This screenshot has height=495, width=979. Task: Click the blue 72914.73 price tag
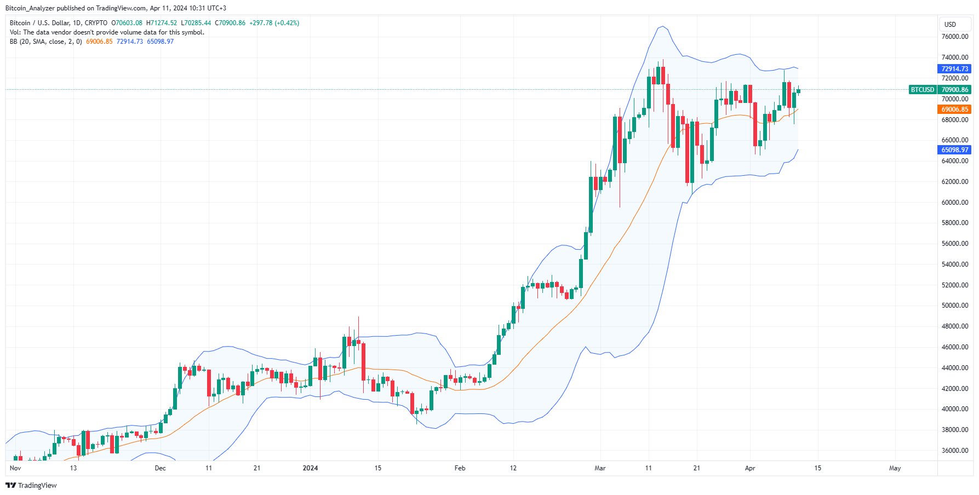pyautogui.click(x=954, y=69)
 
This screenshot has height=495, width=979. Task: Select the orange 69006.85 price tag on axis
pyautogui.click(x=954, y=110)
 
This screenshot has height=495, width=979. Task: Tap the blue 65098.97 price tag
pyautogui.click(x=954, y=150)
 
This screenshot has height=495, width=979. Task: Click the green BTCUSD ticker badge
pyautogui.click(x=922, y=90)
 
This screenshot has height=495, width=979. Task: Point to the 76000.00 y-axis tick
pyautogui.click(x=954, y=37)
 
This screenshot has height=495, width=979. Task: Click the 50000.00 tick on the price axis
pyautogui.click(x=954, y=306)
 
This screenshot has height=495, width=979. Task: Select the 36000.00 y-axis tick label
pyautogui.click(x=954, y=451)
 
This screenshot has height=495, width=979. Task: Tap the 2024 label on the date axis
pyautogui.click(x=310, y=468)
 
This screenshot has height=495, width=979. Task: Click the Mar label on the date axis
pyautogui.click(x=600, y=468)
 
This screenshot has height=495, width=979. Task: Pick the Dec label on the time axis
pyautogui.click(x=160, y=468)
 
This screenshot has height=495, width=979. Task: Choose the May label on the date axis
pyautogui.click(x=895, y=468)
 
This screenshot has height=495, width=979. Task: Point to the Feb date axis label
pyautogui.click(x=460, y=468)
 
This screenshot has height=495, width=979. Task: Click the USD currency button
pyautogui.click(x=950, y=24)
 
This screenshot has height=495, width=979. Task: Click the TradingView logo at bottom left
pyautogui.click(x=31, y=485)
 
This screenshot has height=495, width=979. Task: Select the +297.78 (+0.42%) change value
pyautogui.click(x=274, y=23)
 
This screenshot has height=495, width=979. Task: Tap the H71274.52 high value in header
pyautogui.click(x=162, y=23)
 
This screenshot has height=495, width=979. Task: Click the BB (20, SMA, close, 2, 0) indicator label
pyautogui.click(x=46, y=42)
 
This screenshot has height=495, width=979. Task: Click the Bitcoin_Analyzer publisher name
pyautogui.click(x=30, y=8)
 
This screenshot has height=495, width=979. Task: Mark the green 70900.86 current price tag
pyautogui.click(x=954, y=90)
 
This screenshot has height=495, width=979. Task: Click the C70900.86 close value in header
pyautogui.click(x=230, y=23)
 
